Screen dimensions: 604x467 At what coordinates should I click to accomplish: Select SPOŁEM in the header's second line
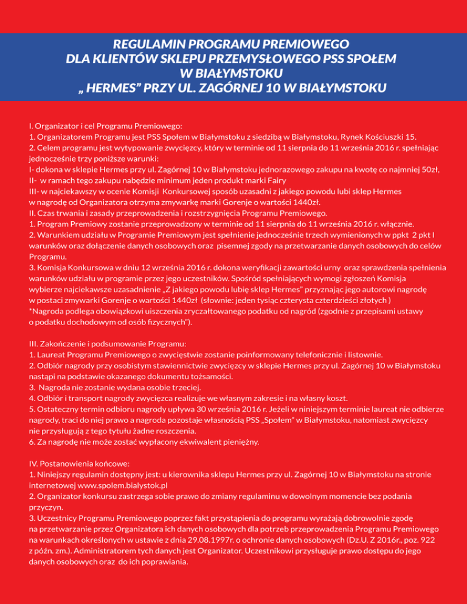click(359, 59)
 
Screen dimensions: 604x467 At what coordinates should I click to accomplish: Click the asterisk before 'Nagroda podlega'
click(30, 312)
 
